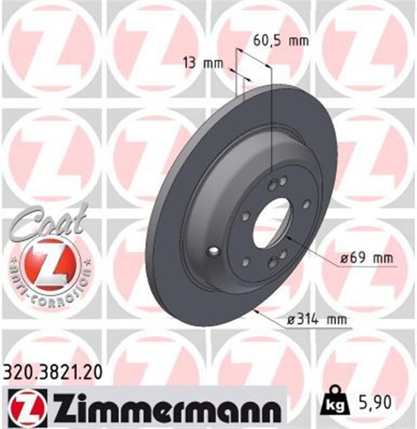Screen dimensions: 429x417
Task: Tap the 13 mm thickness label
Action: [202, 64]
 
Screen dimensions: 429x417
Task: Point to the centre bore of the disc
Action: [274, 223]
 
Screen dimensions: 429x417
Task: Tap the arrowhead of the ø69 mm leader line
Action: [287, 237]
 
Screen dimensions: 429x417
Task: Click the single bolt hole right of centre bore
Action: [306, 204]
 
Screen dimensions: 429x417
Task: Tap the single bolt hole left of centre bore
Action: [246, 216]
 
